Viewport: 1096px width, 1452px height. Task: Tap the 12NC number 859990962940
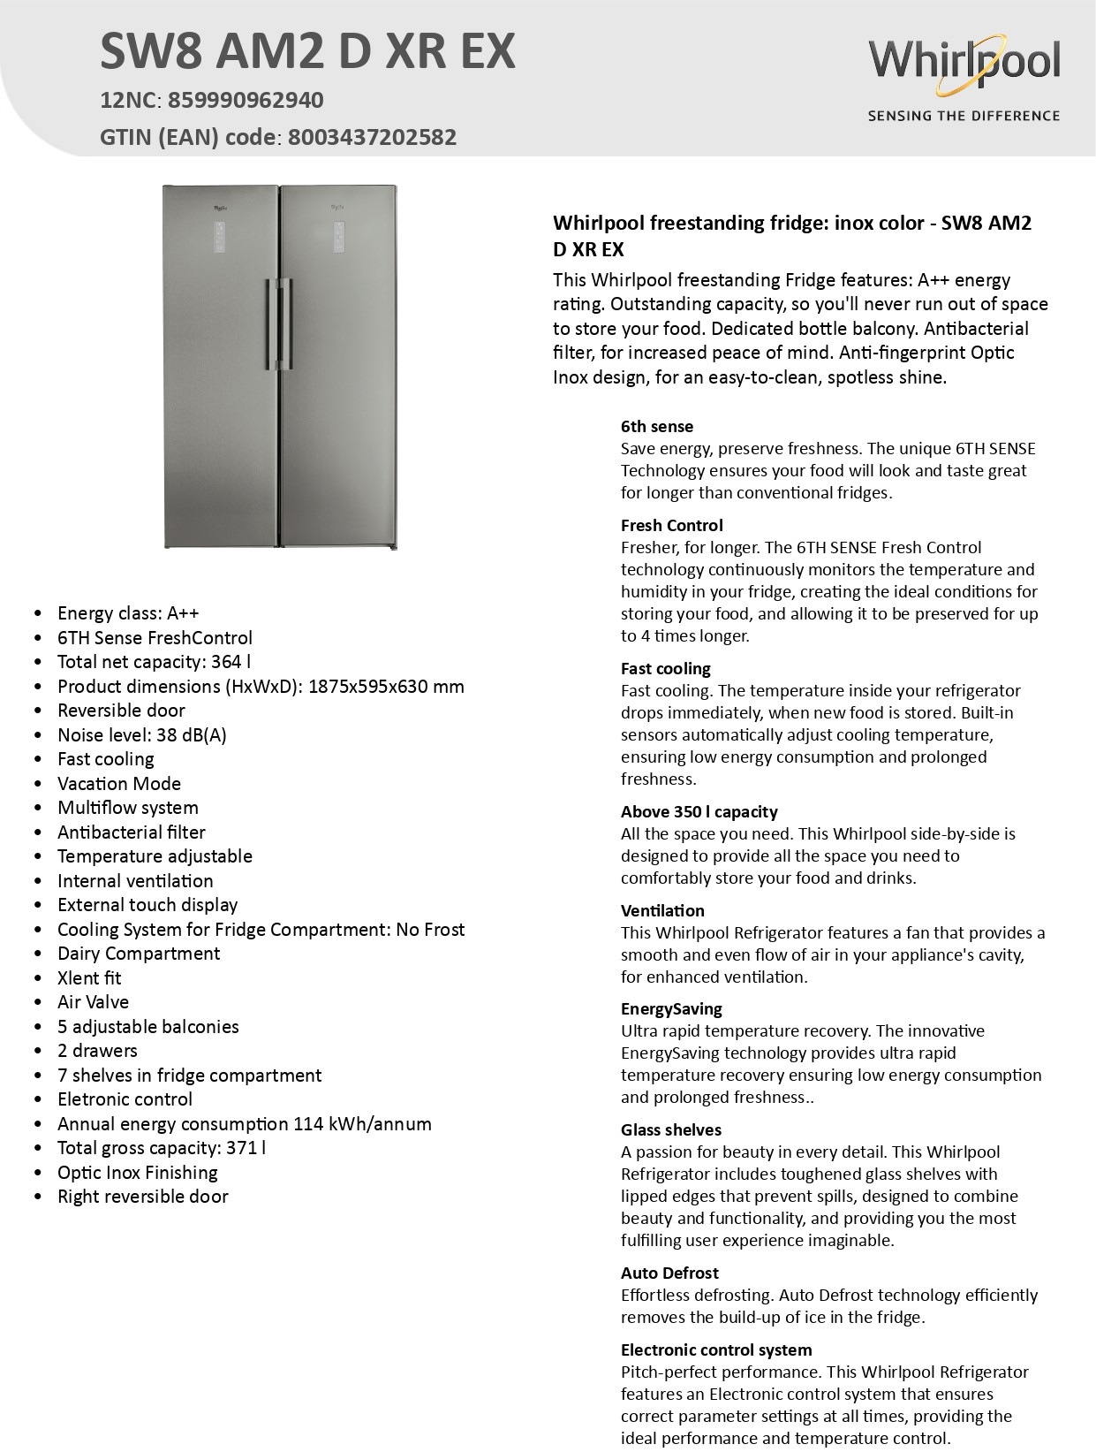pos(246,100)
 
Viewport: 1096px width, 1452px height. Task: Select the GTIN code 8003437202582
pos(372,137)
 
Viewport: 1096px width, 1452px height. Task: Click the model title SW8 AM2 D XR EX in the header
pos(307,51)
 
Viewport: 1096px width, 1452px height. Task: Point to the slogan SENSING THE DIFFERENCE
pos(964,116)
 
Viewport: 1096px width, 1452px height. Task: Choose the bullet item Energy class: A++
pos(128,613)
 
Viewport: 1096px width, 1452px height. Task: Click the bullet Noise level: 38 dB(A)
pos(141,735)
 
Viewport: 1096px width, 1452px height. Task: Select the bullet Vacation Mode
pos(119,784)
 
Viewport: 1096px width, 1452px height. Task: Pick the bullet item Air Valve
pos(93,1002)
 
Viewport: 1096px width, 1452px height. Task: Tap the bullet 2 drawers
pos(97,1051)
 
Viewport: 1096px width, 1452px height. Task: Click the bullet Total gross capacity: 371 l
pos(162,1148)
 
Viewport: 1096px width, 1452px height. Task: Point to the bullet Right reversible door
pos(143,1197)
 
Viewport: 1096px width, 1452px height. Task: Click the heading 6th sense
pos(657,427)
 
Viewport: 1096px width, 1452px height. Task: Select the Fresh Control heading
pos(671,526)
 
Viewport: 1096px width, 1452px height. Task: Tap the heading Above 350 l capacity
pos(699,812)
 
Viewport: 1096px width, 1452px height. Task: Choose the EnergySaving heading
pos(671,1009)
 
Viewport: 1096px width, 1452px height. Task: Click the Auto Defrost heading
pos(669,1273)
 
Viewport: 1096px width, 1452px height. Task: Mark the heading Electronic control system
pos(716,1350)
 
